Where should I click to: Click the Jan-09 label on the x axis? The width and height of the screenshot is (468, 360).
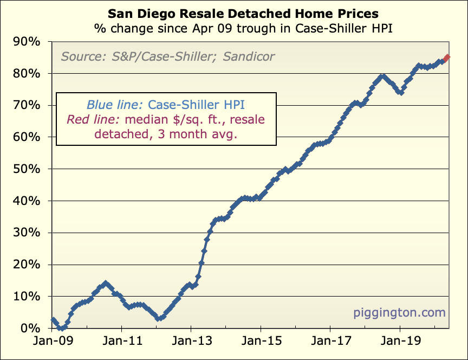tap(53, 343)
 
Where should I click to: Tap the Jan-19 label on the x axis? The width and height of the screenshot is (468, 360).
tap(400, 343)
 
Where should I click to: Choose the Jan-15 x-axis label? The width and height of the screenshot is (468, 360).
tap(261, 343)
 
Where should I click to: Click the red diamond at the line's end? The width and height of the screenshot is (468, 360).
tap(447, 58)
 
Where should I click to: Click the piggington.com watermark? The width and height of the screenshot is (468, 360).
tap(400, 312)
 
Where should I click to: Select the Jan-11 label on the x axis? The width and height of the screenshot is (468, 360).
tap(122, 343)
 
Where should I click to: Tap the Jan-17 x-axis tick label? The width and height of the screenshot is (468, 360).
tap(330, 343)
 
